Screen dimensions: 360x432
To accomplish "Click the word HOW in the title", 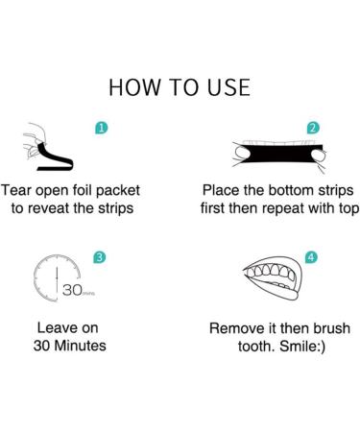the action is point(134,87).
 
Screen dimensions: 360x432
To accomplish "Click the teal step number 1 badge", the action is point(101,128).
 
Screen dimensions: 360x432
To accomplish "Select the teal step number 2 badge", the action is point(313,128).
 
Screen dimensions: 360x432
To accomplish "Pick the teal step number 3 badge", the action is point(100,257).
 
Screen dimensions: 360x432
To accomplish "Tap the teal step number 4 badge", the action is point(311,257).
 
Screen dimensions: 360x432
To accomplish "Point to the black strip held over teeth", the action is point(279,154).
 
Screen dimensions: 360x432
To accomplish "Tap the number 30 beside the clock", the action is point(72,290).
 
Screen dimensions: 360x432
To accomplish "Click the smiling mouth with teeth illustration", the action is point(272,278).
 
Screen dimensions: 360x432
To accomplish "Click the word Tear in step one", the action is point(16,190).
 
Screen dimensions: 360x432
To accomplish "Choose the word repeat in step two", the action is point(284,209).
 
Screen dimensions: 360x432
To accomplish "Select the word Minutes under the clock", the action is point(80,346).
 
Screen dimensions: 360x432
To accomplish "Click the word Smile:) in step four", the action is point(302,347).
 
